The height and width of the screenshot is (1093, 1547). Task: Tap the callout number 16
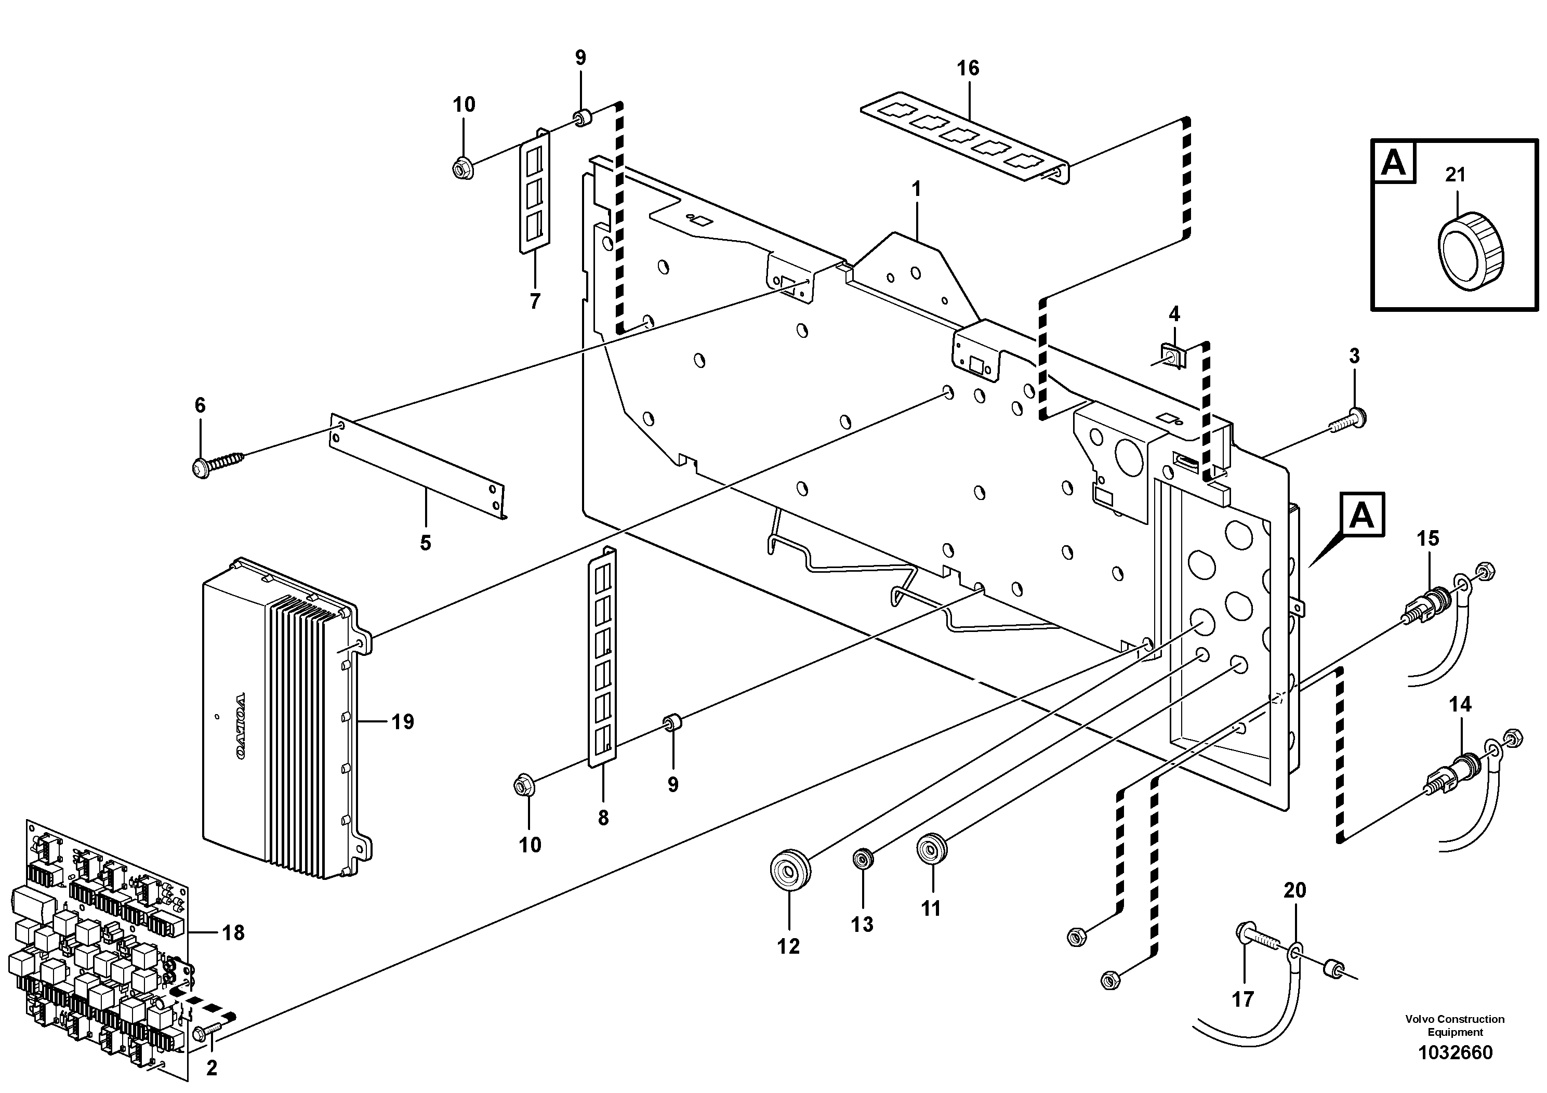968,69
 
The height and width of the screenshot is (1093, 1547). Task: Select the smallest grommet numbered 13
863,859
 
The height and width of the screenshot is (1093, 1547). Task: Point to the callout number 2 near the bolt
211,1068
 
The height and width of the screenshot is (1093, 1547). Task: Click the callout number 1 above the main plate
916,190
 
